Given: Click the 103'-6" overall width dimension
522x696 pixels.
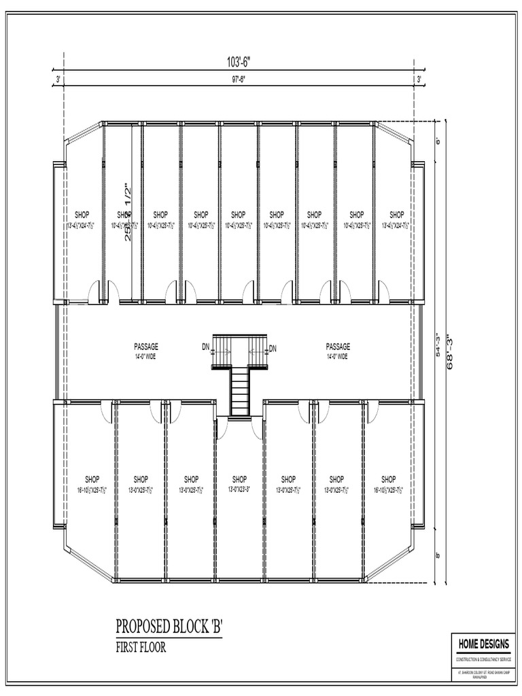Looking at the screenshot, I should pyautogui.click(x=239, y=62).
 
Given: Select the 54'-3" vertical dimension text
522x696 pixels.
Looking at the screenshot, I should pyautogui.click(x=438, y=345).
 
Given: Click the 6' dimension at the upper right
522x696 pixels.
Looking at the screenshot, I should pyautogui.click(x=438, y=141).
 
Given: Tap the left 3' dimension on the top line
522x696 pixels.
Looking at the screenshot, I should pyautogui.click(x=58, y=80).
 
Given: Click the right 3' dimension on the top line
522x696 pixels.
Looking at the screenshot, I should pyautogui.click(x=419, y=80).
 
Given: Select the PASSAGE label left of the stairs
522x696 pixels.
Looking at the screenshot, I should pyautogui.click(x=145, y=346).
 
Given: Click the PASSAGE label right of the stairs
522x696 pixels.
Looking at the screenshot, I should pyautogui.click(x=338, y=346).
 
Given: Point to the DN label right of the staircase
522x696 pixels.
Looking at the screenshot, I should pyautogui.click(x=273, y=349).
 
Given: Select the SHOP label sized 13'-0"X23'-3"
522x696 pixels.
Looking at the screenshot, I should pyautogui.click(x=240, y=478).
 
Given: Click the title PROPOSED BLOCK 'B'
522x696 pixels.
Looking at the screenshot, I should pyautogui.click(x=169, y=625).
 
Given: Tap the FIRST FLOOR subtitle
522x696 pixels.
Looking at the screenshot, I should pyautogui.click(x=141, y=647).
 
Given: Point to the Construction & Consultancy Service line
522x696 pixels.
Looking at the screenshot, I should pyautogui.click(x=483, y=660).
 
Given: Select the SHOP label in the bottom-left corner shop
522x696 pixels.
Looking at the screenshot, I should pyautogui.click(x=92, y=478).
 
